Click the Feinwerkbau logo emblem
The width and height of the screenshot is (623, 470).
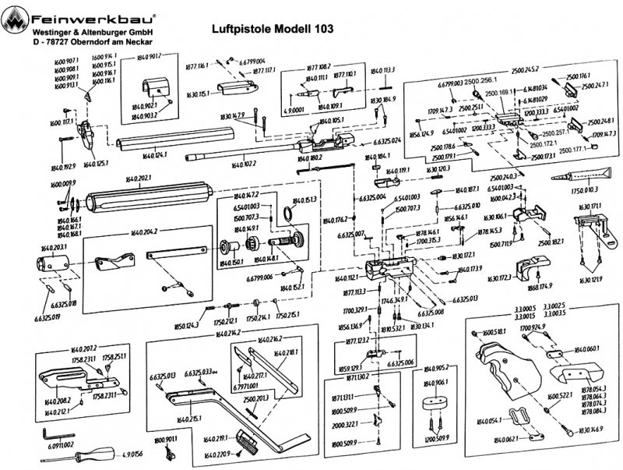click(15, 16)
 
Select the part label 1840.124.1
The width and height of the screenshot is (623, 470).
click(155, 155)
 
